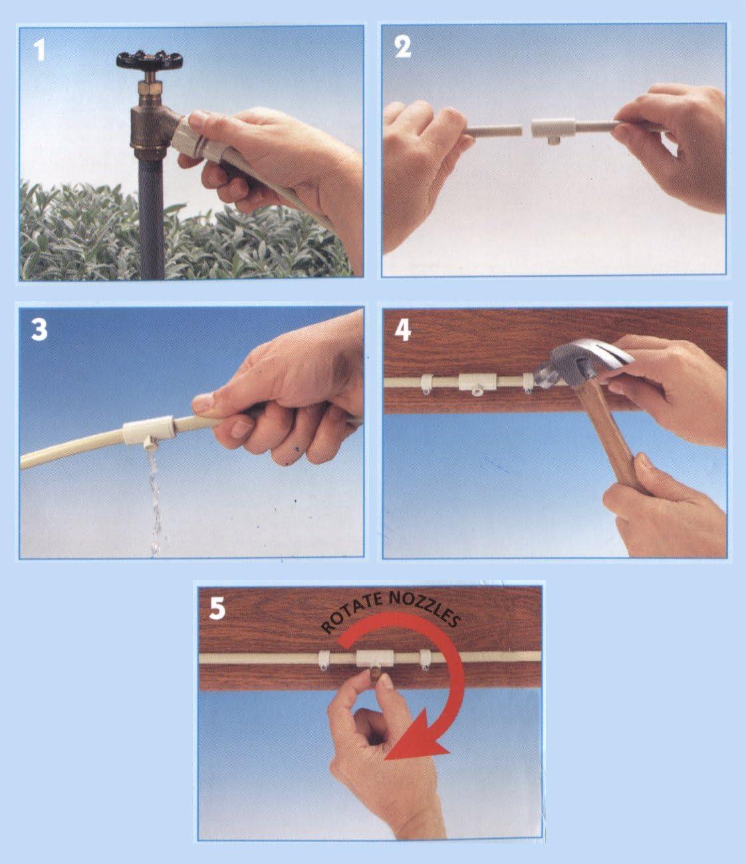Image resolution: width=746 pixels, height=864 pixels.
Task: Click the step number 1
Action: click(x=40, y=50)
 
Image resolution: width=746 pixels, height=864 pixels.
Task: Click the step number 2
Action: click(x=403, y=48)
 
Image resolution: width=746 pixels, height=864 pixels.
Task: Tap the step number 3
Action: click(x=40, y=330)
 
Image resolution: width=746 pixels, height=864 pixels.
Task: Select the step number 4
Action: click(x=403, y=330)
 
